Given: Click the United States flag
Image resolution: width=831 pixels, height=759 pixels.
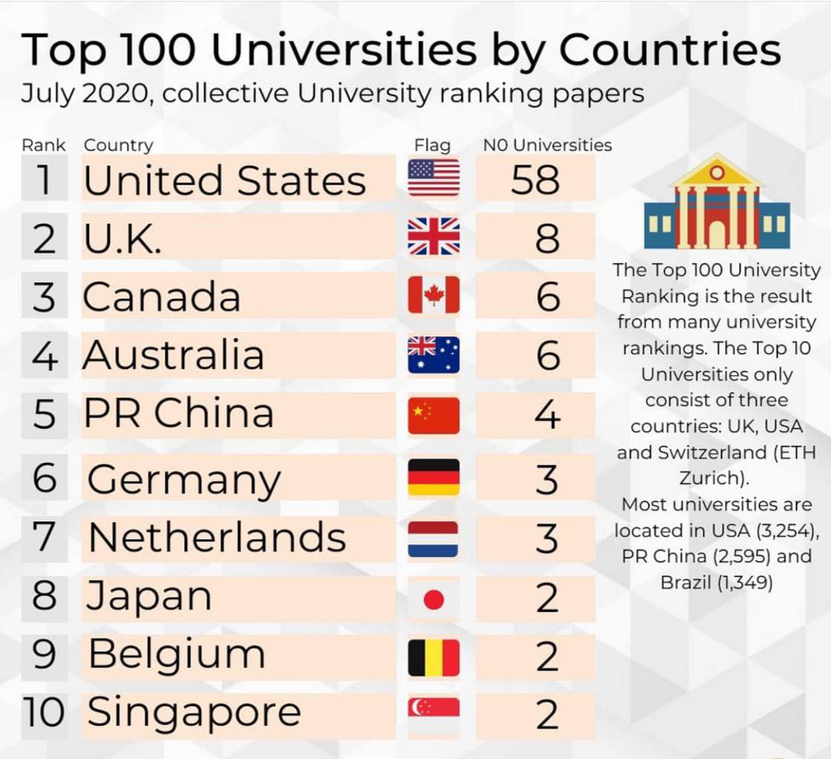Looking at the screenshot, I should (x=433, y=177).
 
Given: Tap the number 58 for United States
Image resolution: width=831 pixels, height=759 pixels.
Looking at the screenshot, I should (x=535, y=180).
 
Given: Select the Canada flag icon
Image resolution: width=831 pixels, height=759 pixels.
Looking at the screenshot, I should (x=433, y=295).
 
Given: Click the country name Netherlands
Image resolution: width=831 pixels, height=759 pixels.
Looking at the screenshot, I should (x=217, y=537).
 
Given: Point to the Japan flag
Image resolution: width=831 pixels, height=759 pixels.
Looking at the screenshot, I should (x=433, y=599).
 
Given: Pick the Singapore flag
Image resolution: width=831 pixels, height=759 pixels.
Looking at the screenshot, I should (x=433, y=713).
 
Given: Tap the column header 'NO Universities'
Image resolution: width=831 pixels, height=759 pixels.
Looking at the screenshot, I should (x=548, y=145).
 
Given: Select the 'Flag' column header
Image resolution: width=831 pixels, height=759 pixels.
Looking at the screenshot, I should (x=432, y=145).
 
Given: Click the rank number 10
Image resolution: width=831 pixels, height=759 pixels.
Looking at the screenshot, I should (x=44, y=713).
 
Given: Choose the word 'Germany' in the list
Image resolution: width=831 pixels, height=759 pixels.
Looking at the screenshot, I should (x=184, y=480).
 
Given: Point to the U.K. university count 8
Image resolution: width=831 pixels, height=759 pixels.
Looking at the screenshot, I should (x=547, y=239).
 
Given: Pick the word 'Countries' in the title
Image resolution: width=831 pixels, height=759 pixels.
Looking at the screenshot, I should (x=669, y=51).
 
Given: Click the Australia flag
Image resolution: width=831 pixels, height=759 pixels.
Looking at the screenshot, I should (x=433, y=354).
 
